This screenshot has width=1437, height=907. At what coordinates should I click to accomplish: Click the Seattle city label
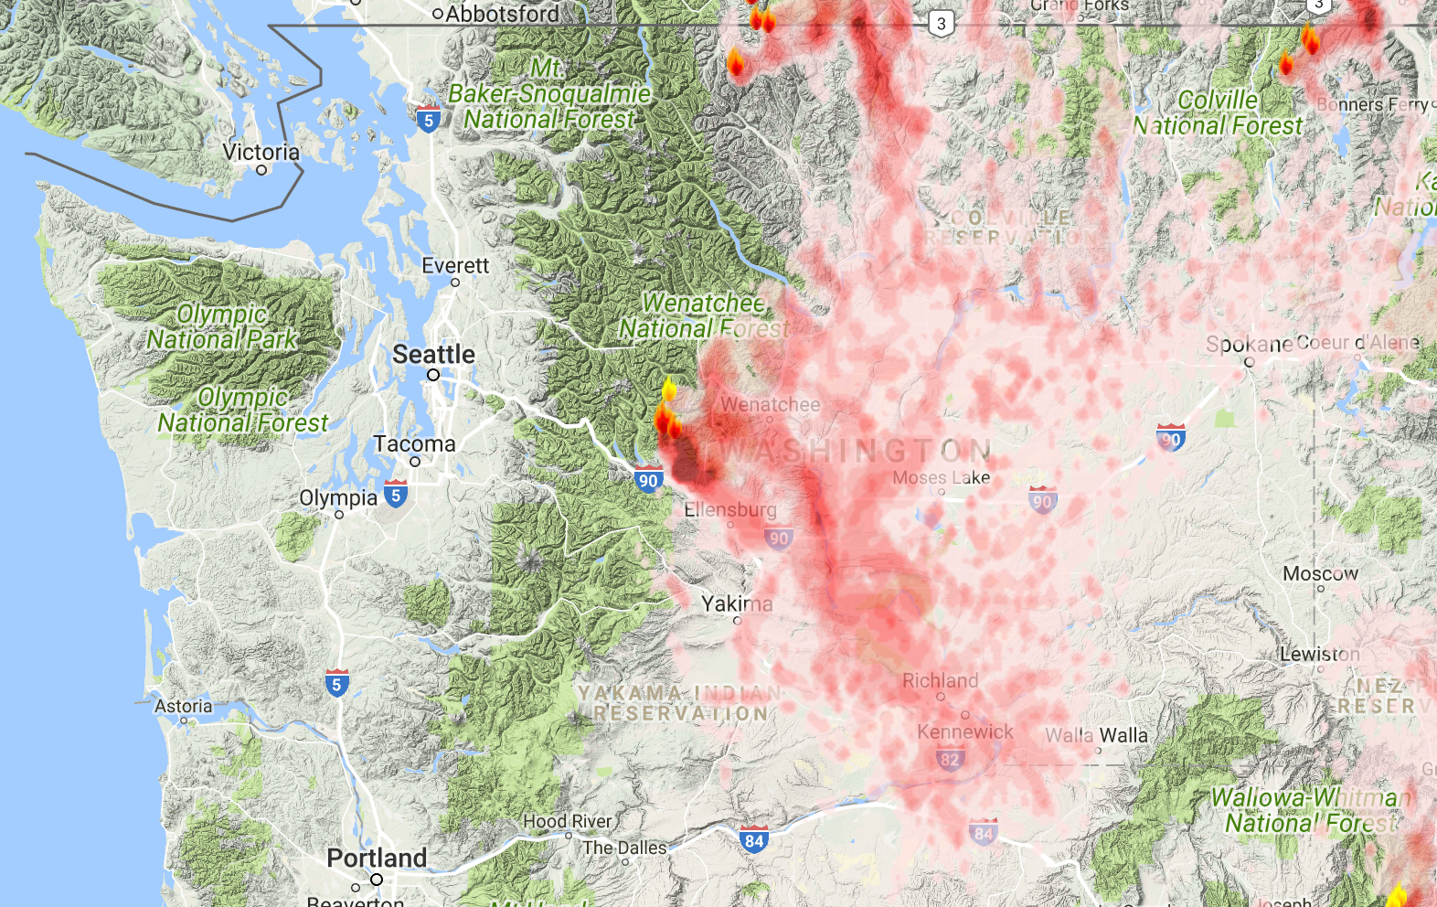[433, 354]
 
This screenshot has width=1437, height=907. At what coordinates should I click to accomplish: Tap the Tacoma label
[413, 444]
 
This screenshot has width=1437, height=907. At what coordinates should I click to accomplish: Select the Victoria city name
[261, 152]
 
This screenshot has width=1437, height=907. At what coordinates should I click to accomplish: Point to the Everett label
[455, 266]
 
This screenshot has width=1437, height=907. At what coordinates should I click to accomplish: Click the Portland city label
[377, 858]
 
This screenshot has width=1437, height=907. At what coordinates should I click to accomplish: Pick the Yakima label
[737, 603]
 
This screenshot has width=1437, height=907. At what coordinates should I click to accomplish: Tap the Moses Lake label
[941, 477]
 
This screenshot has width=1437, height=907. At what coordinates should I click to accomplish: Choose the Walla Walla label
[1096, 735]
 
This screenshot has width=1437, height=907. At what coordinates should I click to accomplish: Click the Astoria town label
[183, 706]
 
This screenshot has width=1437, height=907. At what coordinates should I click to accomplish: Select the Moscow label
[1320, 573]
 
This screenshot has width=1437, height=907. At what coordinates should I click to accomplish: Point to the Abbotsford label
[502, 14]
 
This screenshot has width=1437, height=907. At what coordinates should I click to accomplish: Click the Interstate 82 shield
[950, 758]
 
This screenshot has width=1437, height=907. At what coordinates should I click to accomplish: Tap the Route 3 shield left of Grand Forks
[942, 24]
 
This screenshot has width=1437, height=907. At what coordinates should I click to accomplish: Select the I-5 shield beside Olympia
[395, 495]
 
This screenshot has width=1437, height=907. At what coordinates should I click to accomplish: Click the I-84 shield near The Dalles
[753, 839]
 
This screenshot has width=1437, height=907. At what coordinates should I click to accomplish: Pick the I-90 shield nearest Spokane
[1170, 438]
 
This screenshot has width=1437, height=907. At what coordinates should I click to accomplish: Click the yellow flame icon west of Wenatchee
[669, 389]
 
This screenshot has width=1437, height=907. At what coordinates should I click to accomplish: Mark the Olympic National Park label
[222, 326]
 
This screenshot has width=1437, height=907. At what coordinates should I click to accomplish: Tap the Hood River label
[567, 821]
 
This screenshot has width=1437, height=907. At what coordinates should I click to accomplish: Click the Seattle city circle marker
[433, 375]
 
